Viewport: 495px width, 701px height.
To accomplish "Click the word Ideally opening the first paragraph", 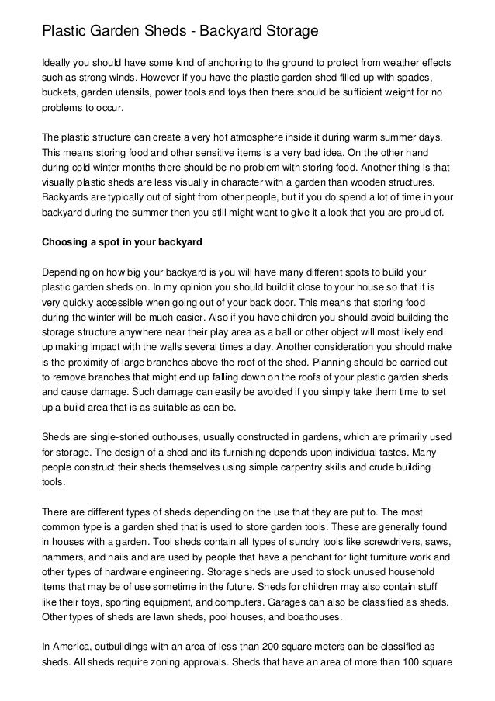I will [58, 61].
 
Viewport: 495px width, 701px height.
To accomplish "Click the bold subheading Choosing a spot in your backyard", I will [121, 241].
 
